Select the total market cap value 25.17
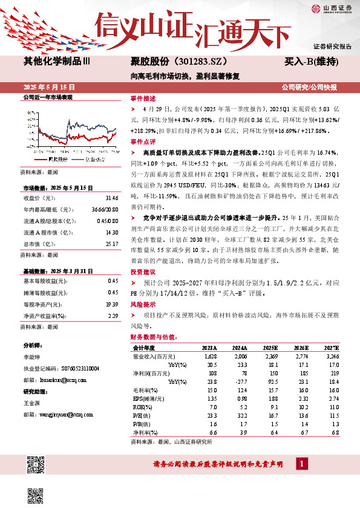click(x=112, y=227)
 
